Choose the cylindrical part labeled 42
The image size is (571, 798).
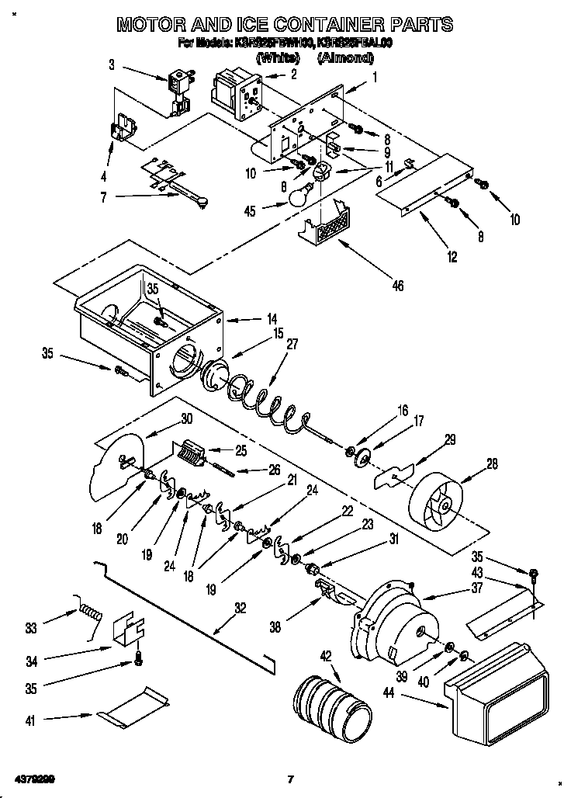[x=333, y=704]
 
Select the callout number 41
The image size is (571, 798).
[x=31, y=720]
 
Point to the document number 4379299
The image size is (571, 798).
[x=33, y=779]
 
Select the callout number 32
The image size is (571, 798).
[x=240, y=608]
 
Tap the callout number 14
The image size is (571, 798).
[x=271, y=317]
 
